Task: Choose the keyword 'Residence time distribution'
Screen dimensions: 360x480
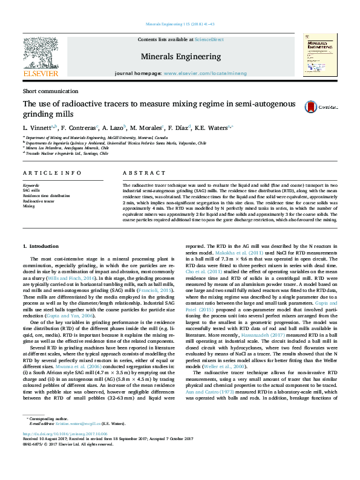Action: tap(47, 195)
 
